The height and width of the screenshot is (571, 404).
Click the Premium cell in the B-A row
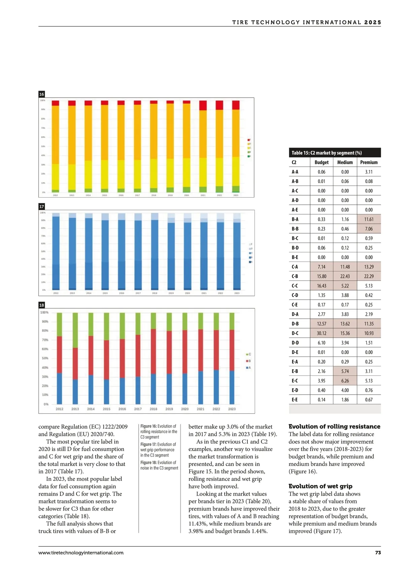point(369,219)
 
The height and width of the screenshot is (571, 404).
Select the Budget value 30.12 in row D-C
point(322,333)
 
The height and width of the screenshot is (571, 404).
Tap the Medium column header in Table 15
point(345,162)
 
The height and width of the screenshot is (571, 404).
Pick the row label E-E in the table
point(295,400)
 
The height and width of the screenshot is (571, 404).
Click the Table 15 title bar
point(335,153)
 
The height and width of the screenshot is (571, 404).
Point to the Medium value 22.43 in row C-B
point(345,276)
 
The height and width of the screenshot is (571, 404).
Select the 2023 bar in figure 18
point(232,359)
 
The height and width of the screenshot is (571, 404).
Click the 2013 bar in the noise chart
point(75,359)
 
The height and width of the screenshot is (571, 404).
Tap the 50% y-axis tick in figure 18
point(45,358)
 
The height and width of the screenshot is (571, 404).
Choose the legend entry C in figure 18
point(249,354)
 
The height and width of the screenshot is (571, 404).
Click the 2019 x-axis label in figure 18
point(169,409)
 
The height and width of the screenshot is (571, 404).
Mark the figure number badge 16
point(42,94)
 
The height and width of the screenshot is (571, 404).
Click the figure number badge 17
point(42,206)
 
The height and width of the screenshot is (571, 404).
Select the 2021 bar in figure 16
point(203,146)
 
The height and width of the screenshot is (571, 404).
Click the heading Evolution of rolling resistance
point(334,427)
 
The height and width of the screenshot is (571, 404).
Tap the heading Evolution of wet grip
point(320,486)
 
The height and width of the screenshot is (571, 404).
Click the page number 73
point(378,552)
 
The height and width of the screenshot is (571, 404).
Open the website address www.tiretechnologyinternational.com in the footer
point(81,552)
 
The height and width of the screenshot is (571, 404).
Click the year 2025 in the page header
point(372,23)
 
